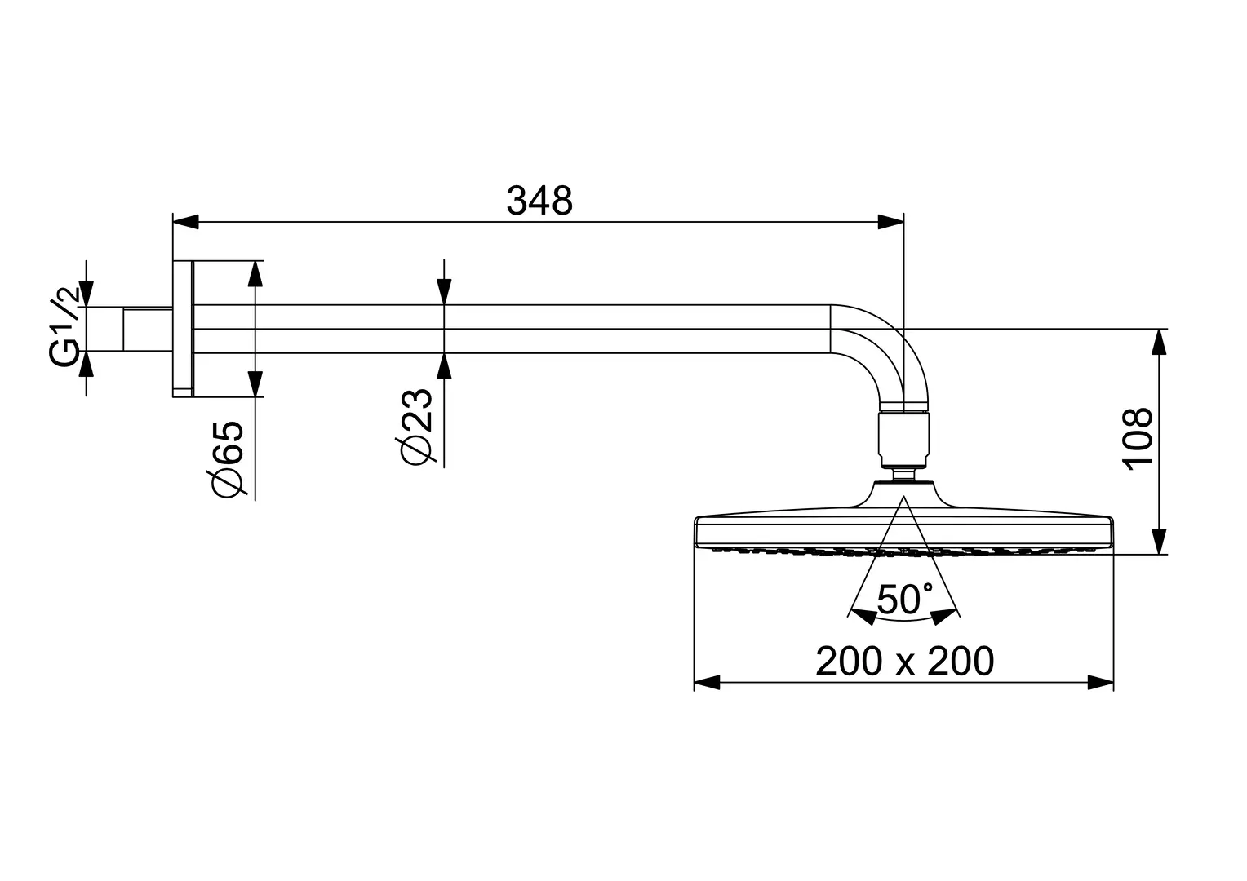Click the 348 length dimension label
539,201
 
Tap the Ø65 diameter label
226,459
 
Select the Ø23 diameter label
415,427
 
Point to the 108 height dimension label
1138,439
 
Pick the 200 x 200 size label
904,662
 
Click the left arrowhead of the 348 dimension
185,222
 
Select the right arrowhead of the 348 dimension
890,222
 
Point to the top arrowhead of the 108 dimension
1159,342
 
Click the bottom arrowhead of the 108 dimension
1159,541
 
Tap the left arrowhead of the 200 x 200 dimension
707,682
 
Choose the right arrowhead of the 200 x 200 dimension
1101,682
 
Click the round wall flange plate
183,329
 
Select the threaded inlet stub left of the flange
148,329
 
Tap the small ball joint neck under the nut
904,474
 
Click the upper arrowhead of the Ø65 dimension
255,274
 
